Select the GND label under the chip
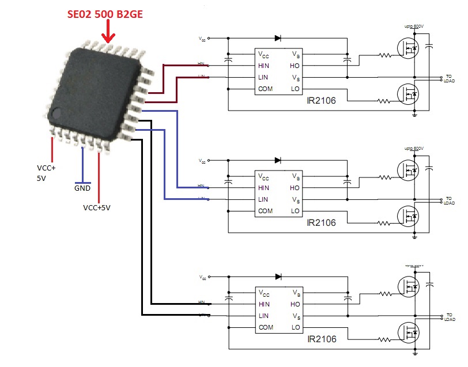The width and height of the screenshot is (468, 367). click(82, 188)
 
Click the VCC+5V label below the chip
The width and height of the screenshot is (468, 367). click(97, 207)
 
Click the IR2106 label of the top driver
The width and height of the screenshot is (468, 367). click(321, 100)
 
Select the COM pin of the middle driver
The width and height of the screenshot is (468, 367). click(266, 210)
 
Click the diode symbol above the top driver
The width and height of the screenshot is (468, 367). click(278, 38)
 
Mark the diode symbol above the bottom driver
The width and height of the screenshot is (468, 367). click(278, 277)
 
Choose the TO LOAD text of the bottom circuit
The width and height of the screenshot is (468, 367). click(450, 317)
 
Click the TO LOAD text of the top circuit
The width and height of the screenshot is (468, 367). click(450, 78)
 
